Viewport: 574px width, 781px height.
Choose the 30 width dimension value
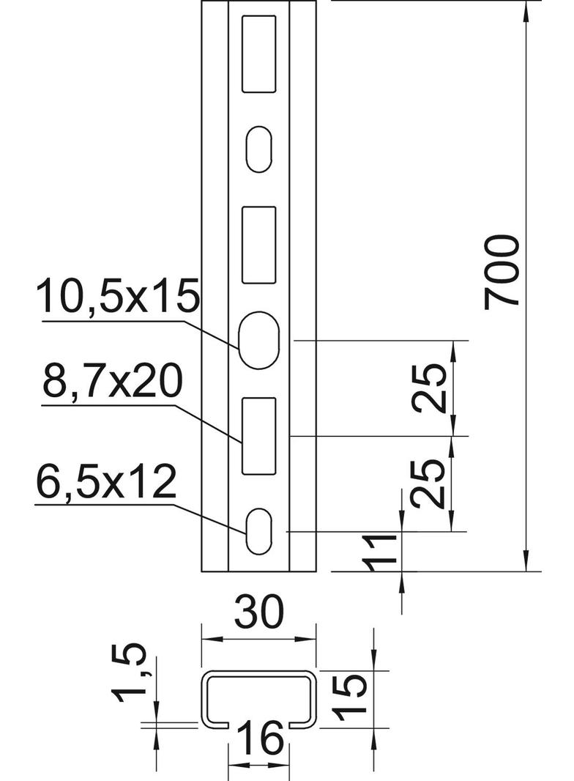[259, 611]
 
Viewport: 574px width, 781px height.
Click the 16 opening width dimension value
[260, 739]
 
